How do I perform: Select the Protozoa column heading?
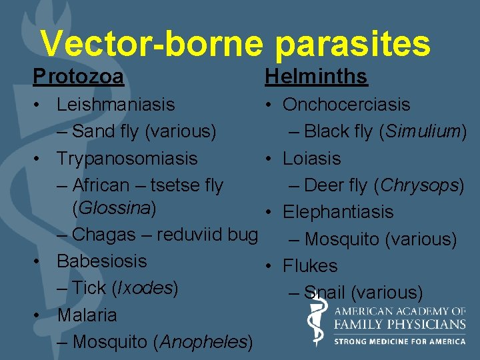(x=78, y=77)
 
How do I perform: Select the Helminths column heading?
(x=316, y=77)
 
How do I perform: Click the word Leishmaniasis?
(x=115, y=105)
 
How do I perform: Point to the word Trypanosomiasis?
(x=127, y=159)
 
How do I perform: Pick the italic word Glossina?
(x=114, y=208)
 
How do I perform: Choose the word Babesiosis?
(x=101, y=261)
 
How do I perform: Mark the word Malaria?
(x=87, y=315)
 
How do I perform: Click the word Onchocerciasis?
(x=346, y=105)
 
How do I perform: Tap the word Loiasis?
(x=311, y=159)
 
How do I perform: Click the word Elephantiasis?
(x=338, y=212)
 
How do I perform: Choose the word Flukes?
(x=310, y=266)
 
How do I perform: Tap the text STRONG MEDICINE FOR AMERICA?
(x=400, y=341)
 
